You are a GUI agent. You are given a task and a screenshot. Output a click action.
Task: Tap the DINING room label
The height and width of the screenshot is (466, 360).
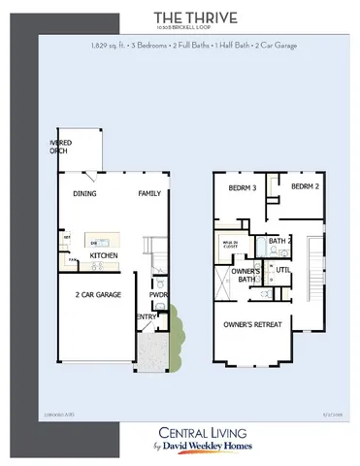(84, 193)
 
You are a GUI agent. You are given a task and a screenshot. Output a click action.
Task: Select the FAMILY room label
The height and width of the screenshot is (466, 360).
(148, 193)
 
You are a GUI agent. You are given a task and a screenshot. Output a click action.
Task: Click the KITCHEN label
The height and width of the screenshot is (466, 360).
(104, 255)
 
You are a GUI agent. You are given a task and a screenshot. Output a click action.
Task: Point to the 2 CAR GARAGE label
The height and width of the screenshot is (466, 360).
(98, 293)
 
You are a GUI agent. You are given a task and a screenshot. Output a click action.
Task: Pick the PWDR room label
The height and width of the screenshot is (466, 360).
(159, 294)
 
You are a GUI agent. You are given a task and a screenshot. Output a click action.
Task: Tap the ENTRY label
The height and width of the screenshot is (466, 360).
(146, 316)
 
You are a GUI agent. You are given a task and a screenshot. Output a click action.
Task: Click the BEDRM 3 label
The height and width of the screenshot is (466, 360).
(242, 187)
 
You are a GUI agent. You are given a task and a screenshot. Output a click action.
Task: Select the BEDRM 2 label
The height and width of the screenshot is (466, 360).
(305, 185)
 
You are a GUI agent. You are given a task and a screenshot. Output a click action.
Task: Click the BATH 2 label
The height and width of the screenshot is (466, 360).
(279, 241)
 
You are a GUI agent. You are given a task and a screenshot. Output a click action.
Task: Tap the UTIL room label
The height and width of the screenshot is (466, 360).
(283, 269)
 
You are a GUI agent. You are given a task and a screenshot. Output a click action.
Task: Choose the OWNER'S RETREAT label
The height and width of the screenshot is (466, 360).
(255, 323)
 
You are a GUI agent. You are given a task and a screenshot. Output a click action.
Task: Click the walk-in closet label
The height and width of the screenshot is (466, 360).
(229, 246)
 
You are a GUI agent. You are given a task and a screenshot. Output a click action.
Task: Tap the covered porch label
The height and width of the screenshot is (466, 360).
(61, 146)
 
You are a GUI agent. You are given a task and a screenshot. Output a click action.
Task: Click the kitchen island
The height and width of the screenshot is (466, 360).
(99, 240)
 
